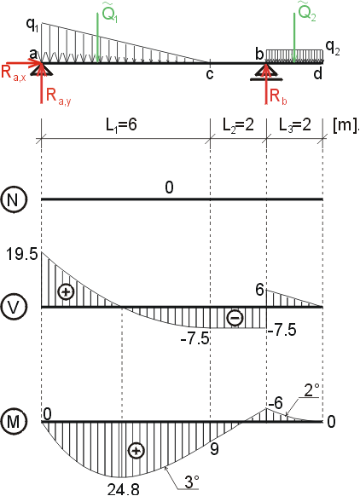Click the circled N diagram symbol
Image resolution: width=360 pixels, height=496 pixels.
[x=12, y=200]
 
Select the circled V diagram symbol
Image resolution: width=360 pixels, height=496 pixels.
[x=12, y=307]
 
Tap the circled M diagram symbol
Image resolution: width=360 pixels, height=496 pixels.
[x=12, y=422]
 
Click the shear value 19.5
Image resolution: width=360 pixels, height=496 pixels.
[x=22, y=255]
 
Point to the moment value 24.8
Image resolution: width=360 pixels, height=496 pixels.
[x=124, y=489]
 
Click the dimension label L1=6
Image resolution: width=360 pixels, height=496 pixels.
[x=121, y=125]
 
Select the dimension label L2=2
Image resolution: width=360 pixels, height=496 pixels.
[x=238, y=125]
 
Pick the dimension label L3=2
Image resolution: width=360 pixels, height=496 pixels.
[x=295, y=125]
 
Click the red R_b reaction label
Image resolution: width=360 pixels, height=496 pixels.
[x=279, y=95]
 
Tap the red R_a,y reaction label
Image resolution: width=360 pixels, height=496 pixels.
[x=59, y=95]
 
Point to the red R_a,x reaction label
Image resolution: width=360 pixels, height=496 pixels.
[x=14, y=73]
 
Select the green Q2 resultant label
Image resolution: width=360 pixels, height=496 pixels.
[x=307, y=12]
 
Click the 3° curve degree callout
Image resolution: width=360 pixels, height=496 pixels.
[x=192, y=482]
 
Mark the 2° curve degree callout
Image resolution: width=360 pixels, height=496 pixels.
[x=311, y=390]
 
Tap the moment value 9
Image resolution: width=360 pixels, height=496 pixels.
[x=214, y=449]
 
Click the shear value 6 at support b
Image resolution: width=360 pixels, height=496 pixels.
[x=259, y=290]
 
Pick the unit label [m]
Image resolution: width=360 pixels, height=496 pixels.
[x=346, y=125]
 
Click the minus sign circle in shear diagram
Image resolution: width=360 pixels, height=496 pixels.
[x=235, y=318]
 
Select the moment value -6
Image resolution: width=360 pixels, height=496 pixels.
[x=276, y=403]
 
